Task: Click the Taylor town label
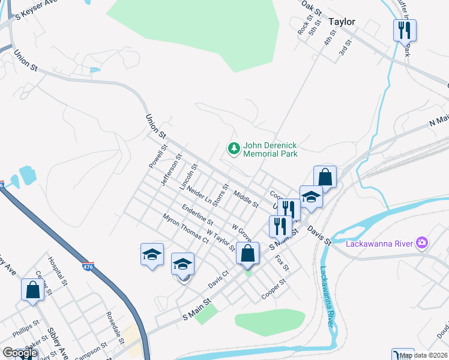(x=342, y=22)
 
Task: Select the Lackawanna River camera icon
(x=423, y=242)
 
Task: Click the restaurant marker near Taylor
(x=405, y=31)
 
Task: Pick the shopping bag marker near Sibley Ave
(x=32, y=289)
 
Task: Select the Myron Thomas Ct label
(x=184, y=228)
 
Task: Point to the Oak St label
(x=312, y=7)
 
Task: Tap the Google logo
(x=20, y=353)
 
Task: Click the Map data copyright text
(x=423, y=355)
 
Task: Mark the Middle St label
(x=246, y=200)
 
